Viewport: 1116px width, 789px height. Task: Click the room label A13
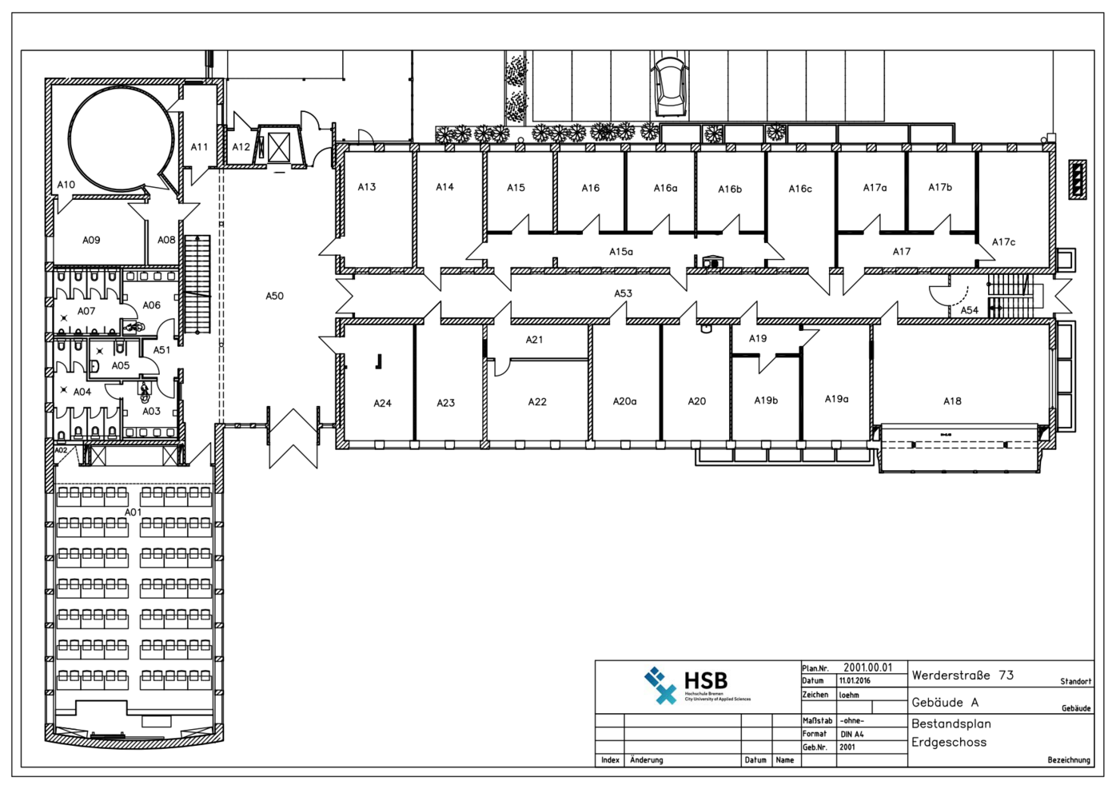366,187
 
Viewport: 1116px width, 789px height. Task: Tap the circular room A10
120,138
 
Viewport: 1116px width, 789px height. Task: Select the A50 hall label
274,296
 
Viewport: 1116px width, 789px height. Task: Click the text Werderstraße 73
963,675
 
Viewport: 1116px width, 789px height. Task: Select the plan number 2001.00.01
867,667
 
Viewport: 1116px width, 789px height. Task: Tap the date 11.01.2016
855,681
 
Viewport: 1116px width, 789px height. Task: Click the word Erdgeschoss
949,742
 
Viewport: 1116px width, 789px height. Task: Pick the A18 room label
952,401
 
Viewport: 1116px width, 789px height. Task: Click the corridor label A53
623,293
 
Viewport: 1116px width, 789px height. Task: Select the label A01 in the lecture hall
133,512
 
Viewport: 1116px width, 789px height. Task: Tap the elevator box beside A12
278,148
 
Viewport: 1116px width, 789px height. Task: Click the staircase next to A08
197,284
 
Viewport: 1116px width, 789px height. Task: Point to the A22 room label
537,402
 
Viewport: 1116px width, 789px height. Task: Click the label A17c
1003,242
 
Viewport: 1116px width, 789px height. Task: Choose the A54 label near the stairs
969,310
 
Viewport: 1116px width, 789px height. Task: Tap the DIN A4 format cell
852,734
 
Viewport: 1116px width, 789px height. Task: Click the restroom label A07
86,311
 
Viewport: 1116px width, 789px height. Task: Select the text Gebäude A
945,703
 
